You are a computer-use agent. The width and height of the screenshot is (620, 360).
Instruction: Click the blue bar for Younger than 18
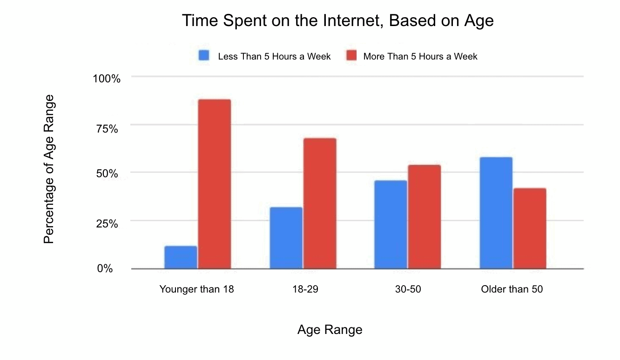(x=181, y=257)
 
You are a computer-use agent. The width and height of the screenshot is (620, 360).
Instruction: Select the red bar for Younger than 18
(x=215, y=184)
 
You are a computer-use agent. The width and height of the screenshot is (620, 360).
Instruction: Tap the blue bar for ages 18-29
(x=286, y=238)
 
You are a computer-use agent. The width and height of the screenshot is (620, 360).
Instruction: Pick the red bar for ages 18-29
(x=320, y=203)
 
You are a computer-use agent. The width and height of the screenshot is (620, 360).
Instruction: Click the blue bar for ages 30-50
(x=390, y=224)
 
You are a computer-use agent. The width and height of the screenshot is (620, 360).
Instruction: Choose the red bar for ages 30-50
(x=424, y=217)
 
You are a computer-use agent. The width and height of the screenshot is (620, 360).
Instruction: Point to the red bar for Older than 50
(x=529, y=228)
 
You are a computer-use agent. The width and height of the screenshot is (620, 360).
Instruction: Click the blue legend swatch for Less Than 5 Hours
(x=204, y=56)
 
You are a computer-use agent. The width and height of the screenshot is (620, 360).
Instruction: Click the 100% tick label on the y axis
(x=107, y=79)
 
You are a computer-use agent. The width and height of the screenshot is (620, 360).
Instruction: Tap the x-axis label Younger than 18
(x=196, y=289)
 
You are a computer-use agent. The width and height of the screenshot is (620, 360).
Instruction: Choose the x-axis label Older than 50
(x=512, y=289)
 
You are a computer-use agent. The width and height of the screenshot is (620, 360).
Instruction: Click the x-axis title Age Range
(x=330, y=330)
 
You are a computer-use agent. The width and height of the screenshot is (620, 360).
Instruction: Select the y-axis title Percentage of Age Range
(x=49, y=169)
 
